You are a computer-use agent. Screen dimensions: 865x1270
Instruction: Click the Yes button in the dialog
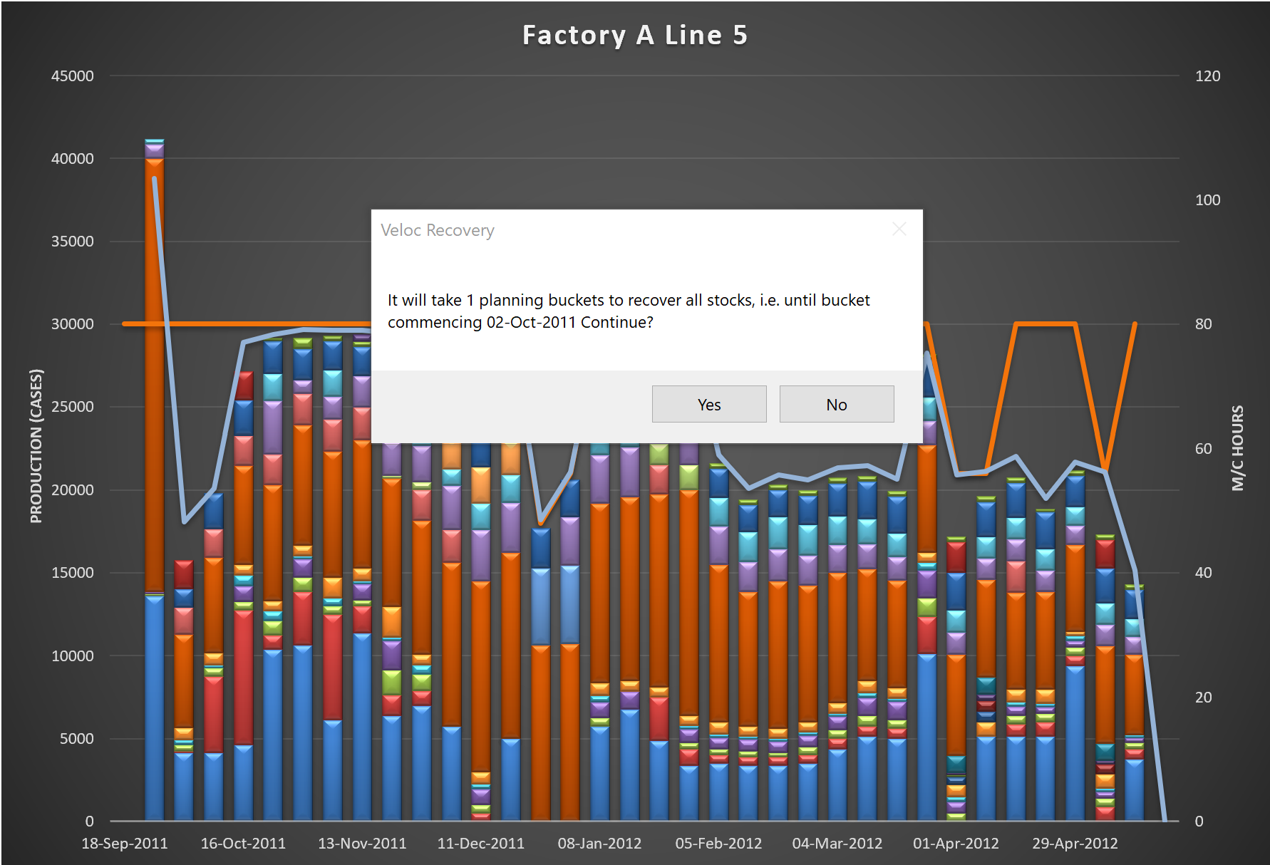[708, 404]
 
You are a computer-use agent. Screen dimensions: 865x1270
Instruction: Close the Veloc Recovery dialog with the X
[899, 229]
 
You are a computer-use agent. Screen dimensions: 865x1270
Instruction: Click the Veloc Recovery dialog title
[437, 230]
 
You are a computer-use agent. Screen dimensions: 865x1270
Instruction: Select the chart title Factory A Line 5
[634, 35]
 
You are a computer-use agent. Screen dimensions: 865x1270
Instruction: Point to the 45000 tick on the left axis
[72, 76]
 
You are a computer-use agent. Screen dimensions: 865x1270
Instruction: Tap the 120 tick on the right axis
[1207, 76]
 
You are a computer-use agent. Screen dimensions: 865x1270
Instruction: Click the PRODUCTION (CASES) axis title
[36, 445]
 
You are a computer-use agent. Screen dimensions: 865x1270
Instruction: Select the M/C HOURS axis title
[1237, 447]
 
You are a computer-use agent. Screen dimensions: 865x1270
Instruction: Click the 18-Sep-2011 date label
[125, 844]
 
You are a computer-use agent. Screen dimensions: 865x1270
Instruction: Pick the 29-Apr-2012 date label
[1075, 844]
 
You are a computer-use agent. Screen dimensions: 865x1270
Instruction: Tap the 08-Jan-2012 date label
[599, 844]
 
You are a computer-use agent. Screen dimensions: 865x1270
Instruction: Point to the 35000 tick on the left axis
[72, 242]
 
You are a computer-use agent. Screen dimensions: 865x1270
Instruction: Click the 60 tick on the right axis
[1203, 449]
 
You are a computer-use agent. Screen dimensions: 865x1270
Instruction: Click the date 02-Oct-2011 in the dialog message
[531, 322]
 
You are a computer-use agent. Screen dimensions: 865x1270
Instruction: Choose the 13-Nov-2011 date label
[362, 844]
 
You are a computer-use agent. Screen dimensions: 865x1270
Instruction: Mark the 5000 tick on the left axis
[76, 739]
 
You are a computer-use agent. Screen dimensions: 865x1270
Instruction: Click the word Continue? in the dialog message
[616, 322]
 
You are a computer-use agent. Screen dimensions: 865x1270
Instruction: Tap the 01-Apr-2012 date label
[956, 844]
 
